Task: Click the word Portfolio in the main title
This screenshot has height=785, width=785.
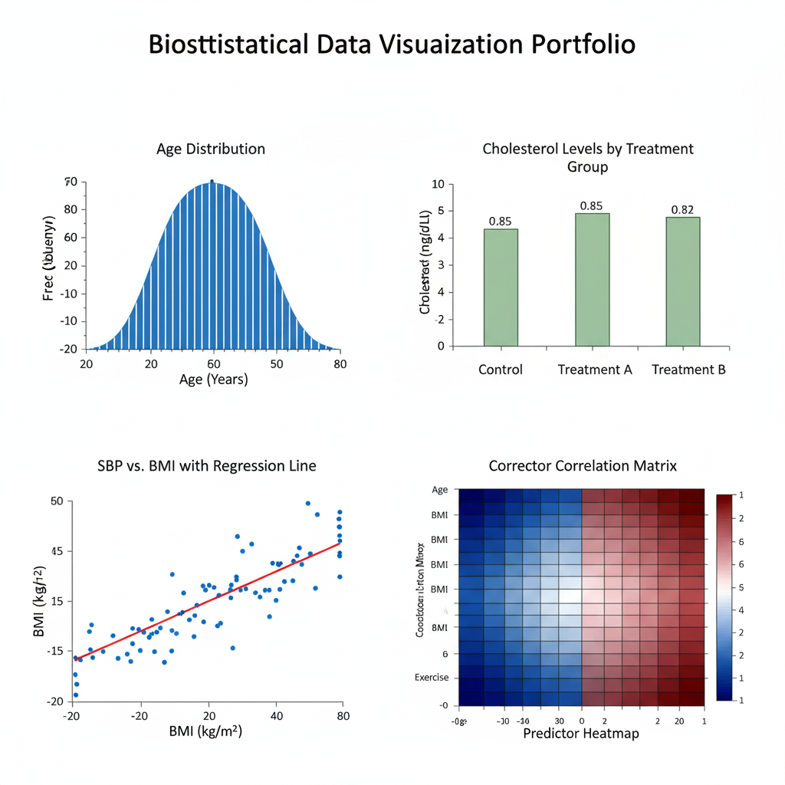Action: pos(583,44)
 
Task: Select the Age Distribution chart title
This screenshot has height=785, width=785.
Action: pos(211,149)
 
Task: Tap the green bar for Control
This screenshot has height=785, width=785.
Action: pos(501,287)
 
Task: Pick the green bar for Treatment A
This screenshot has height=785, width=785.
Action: pos(593,280)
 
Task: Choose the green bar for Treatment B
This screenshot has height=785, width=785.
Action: pos(683,281)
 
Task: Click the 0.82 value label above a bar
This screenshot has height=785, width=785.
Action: pos(683,209)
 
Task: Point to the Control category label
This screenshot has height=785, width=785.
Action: pos(501,370)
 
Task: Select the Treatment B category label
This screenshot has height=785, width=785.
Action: pos(688,370)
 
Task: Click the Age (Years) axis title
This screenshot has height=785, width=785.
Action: pos(214,379)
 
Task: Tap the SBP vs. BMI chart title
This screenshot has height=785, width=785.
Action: pos(207,465)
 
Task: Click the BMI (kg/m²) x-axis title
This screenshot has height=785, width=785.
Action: pos(205,732)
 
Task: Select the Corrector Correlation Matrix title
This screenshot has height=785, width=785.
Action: pos(583,465)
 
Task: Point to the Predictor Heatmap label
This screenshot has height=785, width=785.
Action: pos(581,734)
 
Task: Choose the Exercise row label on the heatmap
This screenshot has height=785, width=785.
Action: pos(432,678)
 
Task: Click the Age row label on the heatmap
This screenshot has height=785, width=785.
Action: pos(440,490)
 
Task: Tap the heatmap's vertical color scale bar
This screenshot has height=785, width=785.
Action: pos(725,597)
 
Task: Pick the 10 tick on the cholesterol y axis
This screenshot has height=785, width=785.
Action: pos(438,184)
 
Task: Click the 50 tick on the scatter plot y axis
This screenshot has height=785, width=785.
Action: pos(56,501)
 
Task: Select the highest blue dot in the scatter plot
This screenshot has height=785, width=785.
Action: pos(308,504)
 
